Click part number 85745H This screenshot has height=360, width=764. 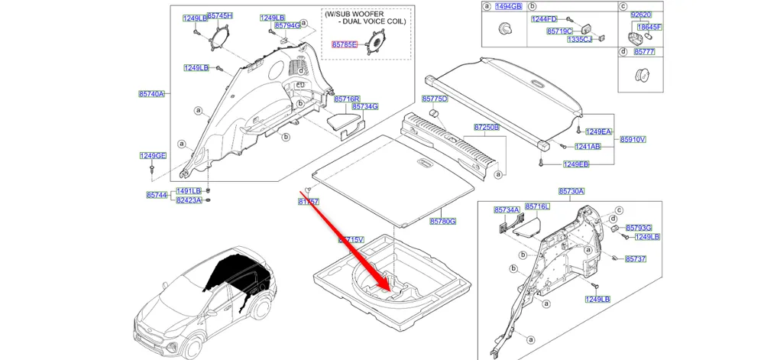tap(221, 16)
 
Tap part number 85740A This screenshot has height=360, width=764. tap(151, 94)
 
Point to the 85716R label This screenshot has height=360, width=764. tap(346, 99)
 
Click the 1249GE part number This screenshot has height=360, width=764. tap(153, 156)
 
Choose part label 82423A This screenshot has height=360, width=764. tap(189, 200)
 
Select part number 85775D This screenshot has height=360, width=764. tap(435, 99)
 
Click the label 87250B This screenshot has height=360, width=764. tap(486, 127)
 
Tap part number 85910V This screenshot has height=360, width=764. tap(633, 140)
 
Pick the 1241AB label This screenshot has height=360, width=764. tap(588, 146)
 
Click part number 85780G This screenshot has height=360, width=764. tap(442, 222)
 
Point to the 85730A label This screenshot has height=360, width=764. tap(571, 191)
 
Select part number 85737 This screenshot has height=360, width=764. tap(636, 260)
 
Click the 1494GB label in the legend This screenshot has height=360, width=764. tap(509, 7)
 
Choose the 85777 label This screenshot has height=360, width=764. tap(642, 52)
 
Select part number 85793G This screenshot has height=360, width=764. tap(639, 228)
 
